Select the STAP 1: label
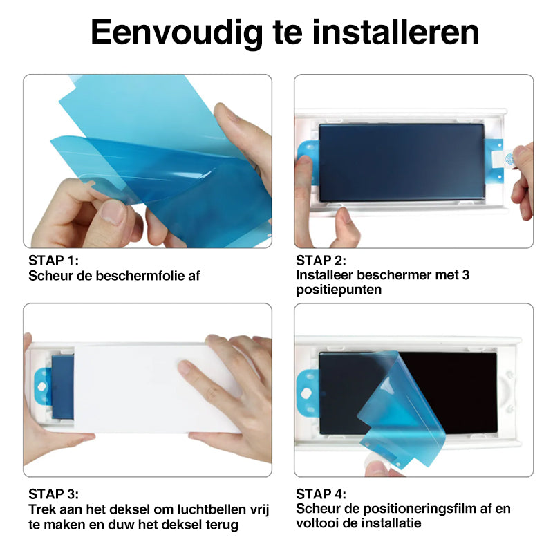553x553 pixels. [x=54, y=261]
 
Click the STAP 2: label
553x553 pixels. [x=321, y=261]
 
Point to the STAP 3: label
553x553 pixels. [x=54, y=494]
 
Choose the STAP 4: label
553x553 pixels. [x=321, y=494]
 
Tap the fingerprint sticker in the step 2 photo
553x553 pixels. [x=509, y=158]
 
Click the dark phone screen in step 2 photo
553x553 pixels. [x=401, y=162]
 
